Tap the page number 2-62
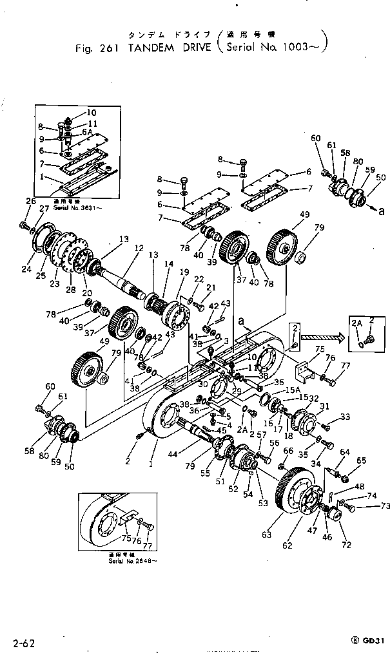tap(24, 641)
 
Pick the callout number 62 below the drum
tap(287, 545)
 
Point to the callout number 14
tap(168, 263)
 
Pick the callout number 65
tap(361, 460)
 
